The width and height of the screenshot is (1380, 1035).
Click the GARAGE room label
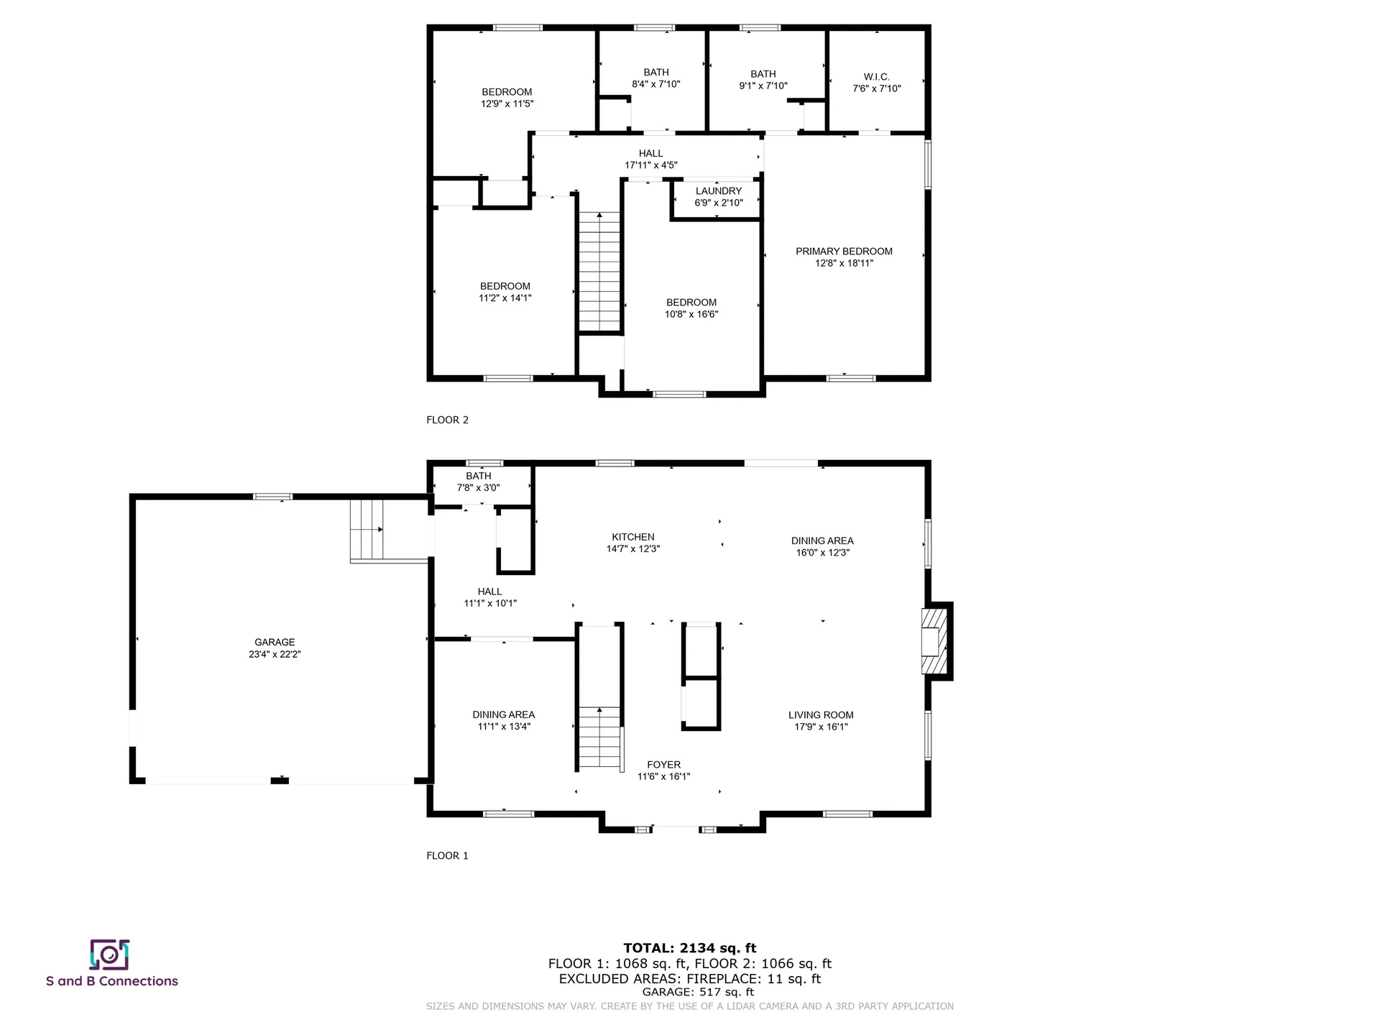275,642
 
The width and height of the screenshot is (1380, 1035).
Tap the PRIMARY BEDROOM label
844,251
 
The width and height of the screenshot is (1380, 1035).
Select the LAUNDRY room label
718,190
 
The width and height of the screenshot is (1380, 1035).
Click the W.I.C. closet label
876,77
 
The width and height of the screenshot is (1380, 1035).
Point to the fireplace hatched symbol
935,641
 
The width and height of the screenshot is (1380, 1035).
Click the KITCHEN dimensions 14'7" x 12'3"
632,548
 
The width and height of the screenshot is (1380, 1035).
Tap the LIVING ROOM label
821,714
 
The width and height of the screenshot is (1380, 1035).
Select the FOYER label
663,765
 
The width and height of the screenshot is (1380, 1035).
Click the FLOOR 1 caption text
447,855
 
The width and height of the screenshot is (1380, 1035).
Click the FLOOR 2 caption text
447,420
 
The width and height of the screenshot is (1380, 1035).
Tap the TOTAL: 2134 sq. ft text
689,948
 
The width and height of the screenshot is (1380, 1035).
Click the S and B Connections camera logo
109,954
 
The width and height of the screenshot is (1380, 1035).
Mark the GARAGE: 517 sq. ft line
689,992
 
